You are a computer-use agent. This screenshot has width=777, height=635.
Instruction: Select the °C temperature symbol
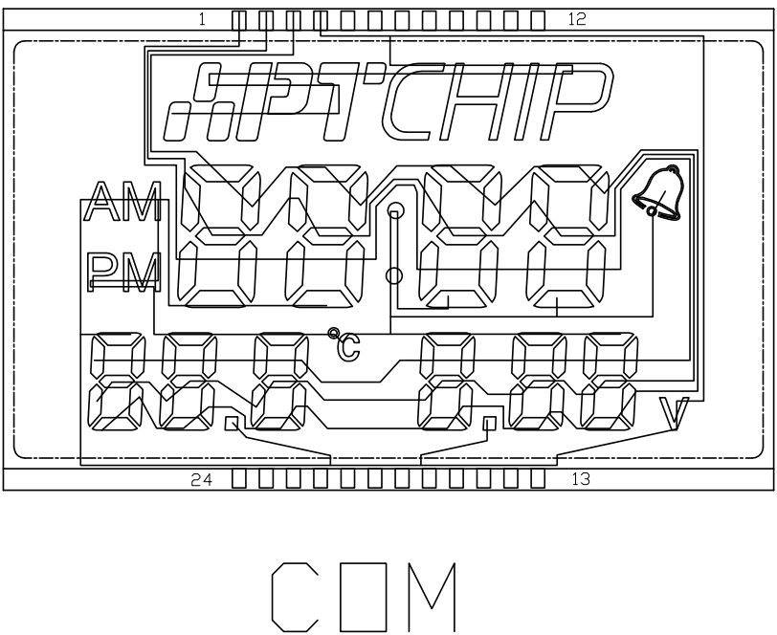[345, 346]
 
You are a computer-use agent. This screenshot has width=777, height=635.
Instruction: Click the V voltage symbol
[677, 414]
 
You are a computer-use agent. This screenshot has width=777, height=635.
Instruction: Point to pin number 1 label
[202, 17]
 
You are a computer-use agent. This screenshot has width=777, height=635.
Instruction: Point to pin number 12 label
[576, 17]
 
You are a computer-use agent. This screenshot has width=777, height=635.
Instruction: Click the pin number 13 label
[581, 479]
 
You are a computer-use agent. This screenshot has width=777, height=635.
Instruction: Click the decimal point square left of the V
[490, 423]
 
